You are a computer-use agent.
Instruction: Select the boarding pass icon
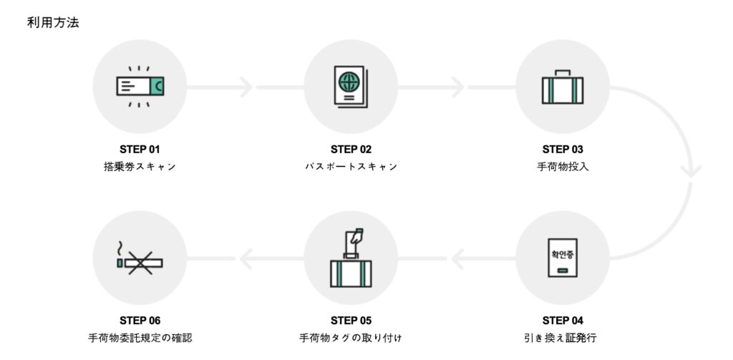click(x=140, y=87)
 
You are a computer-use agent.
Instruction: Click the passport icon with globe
click(x=351, y=87)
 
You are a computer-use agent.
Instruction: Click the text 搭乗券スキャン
click(x=140, y=167)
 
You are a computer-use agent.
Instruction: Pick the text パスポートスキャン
click(x=351, y=167)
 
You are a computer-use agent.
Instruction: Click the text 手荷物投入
click(x=563, y=167)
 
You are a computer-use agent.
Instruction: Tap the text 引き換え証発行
click(x=563, y=337)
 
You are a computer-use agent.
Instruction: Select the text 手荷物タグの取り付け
click(x=351, y=337)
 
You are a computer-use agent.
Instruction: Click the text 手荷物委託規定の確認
click(x=140, y=337)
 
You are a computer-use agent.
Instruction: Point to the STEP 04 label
click(x=563, y=320)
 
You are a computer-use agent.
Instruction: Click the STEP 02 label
click(x=351, y=150)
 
